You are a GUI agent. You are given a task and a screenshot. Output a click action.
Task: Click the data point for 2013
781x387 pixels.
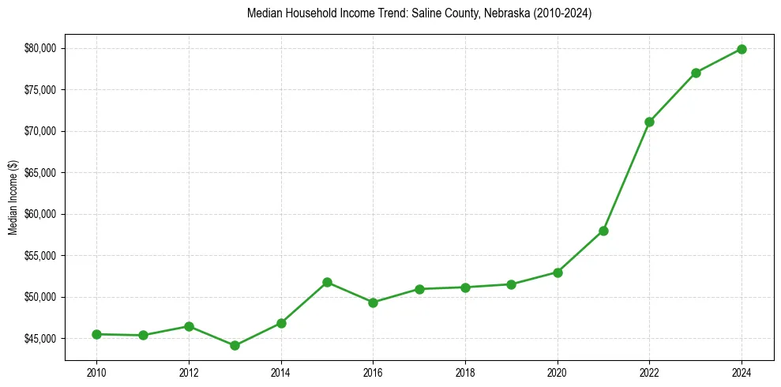(235, 345)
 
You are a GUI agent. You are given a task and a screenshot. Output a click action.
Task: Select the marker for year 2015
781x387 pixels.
(327, 282)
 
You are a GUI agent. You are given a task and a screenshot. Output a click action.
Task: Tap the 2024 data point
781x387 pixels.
(742, 49)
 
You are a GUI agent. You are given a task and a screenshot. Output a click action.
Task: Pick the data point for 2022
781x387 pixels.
(649, 122)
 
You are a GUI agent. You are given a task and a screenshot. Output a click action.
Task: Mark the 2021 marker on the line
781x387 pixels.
(603, 231)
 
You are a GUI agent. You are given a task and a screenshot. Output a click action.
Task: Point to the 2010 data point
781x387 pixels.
(96, 334)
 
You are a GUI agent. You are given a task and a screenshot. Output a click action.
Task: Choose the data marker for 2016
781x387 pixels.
(373, 302)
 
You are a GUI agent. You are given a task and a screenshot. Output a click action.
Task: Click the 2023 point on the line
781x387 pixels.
(696, 73)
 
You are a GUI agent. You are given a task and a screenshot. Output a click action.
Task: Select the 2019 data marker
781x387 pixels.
(511, 284)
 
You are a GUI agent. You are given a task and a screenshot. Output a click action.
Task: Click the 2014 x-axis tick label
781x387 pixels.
(280, 371)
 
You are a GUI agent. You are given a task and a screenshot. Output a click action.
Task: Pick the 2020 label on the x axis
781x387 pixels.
(558, 371)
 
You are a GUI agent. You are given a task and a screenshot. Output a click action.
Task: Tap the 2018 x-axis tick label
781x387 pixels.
(465, 371)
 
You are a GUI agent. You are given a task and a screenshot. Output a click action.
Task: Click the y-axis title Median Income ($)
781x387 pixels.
(13, 197)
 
